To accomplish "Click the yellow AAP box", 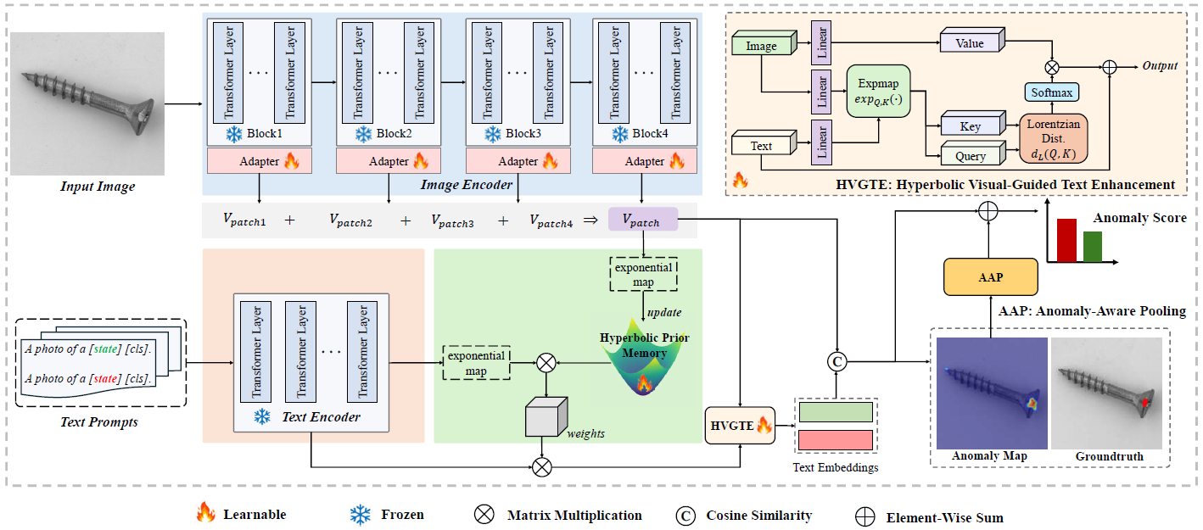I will [x=991, y=276].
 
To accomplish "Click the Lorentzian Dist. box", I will [x=1053, y=138].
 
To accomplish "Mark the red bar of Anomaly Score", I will [x=1066, y=241].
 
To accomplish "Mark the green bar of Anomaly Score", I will [x=1093, y=247].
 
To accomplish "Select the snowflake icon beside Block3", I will [x=491, y=134].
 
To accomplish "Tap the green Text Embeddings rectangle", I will [x=836, y=412].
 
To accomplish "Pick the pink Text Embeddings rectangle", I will [x=836, y=440].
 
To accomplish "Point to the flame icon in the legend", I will [x=205, y=512].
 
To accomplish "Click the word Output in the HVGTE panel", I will [x=1160, y=65].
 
